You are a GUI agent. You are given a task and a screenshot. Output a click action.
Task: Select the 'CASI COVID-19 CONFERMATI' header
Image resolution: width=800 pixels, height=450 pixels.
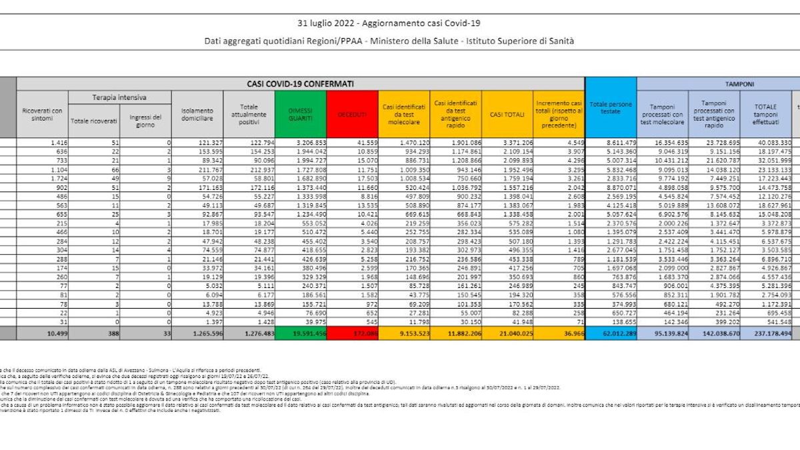(x=300, y=84)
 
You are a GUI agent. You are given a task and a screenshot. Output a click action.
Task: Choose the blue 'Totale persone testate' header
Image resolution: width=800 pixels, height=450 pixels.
(x=610, y=107)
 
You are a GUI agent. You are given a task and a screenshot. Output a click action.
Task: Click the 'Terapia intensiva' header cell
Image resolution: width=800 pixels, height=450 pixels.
(x=119, y=98)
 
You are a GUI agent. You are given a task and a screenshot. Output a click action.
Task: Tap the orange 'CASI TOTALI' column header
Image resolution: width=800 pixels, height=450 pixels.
(x=507, y=115)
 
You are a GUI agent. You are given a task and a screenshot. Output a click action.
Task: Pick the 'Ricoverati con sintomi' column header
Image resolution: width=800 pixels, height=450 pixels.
(x=42, y=114)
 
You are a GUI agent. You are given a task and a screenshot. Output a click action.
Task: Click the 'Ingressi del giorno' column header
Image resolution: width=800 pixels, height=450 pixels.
(x=145, y=120)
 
